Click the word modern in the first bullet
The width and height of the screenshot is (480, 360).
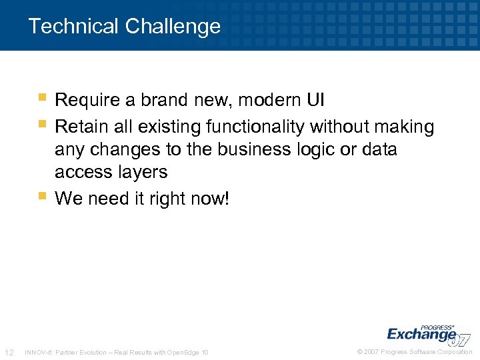[269, 101]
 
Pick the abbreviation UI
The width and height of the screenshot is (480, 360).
[315, 101]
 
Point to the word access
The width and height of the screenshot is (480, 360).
[79, 172]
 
